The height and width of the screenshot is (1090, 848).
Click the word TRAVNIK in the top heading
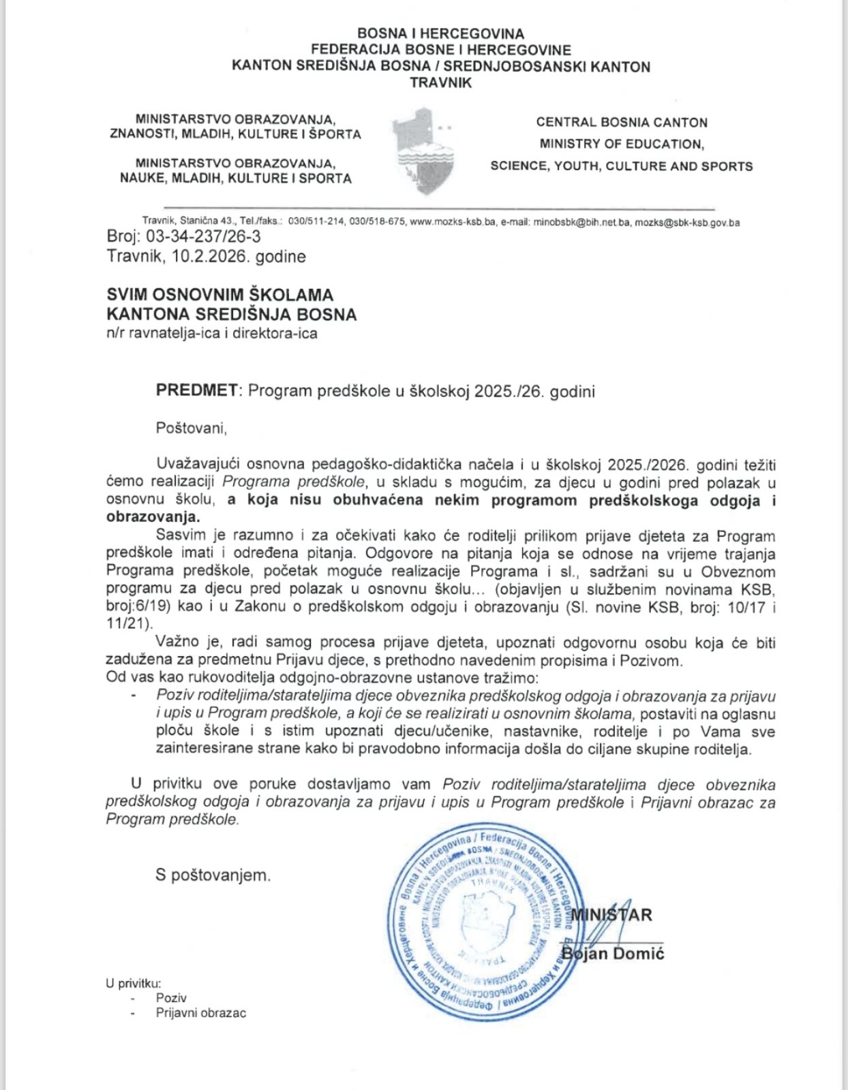(440, 83)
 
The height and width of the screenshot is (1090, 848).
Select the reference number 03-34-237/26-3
(204, 237)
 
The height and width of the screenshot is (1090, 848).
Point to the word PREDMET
(197, 391)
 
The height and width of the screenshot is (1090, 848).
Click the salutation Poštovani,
(191, 429)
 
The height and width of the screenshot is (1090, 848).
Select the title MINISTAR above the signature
(611, 915)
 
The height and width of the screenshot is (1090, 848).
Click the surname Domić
(637, 954)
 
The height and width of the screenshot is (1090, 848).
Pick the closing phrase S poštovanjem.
(213, 875)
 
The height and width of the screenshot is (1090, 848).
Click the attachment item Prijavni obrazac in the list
(200, 1013)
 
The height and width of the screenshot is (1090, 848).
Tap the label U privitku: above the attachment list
(133, 983)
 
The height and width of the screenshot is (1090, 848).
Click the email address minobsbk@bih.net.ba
(582, 222)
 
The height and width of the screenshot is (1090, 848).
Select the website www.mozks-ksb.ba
(453, 222)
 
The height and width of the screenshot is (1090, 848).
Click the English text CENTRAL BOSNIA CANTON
(621, 123)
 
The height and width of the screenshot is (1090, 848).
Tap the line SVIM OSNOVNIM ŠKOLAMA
(219, 295)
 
